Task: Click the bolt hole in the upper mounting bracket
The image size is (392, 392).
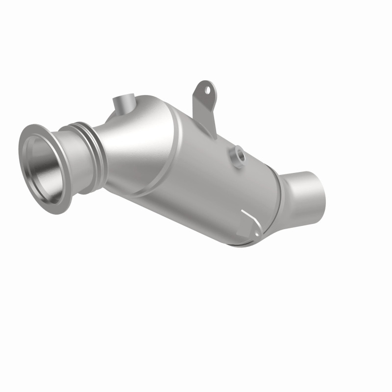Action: (207, 90)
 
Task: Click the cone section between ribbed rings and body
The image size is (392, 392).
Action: (122, 147)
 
